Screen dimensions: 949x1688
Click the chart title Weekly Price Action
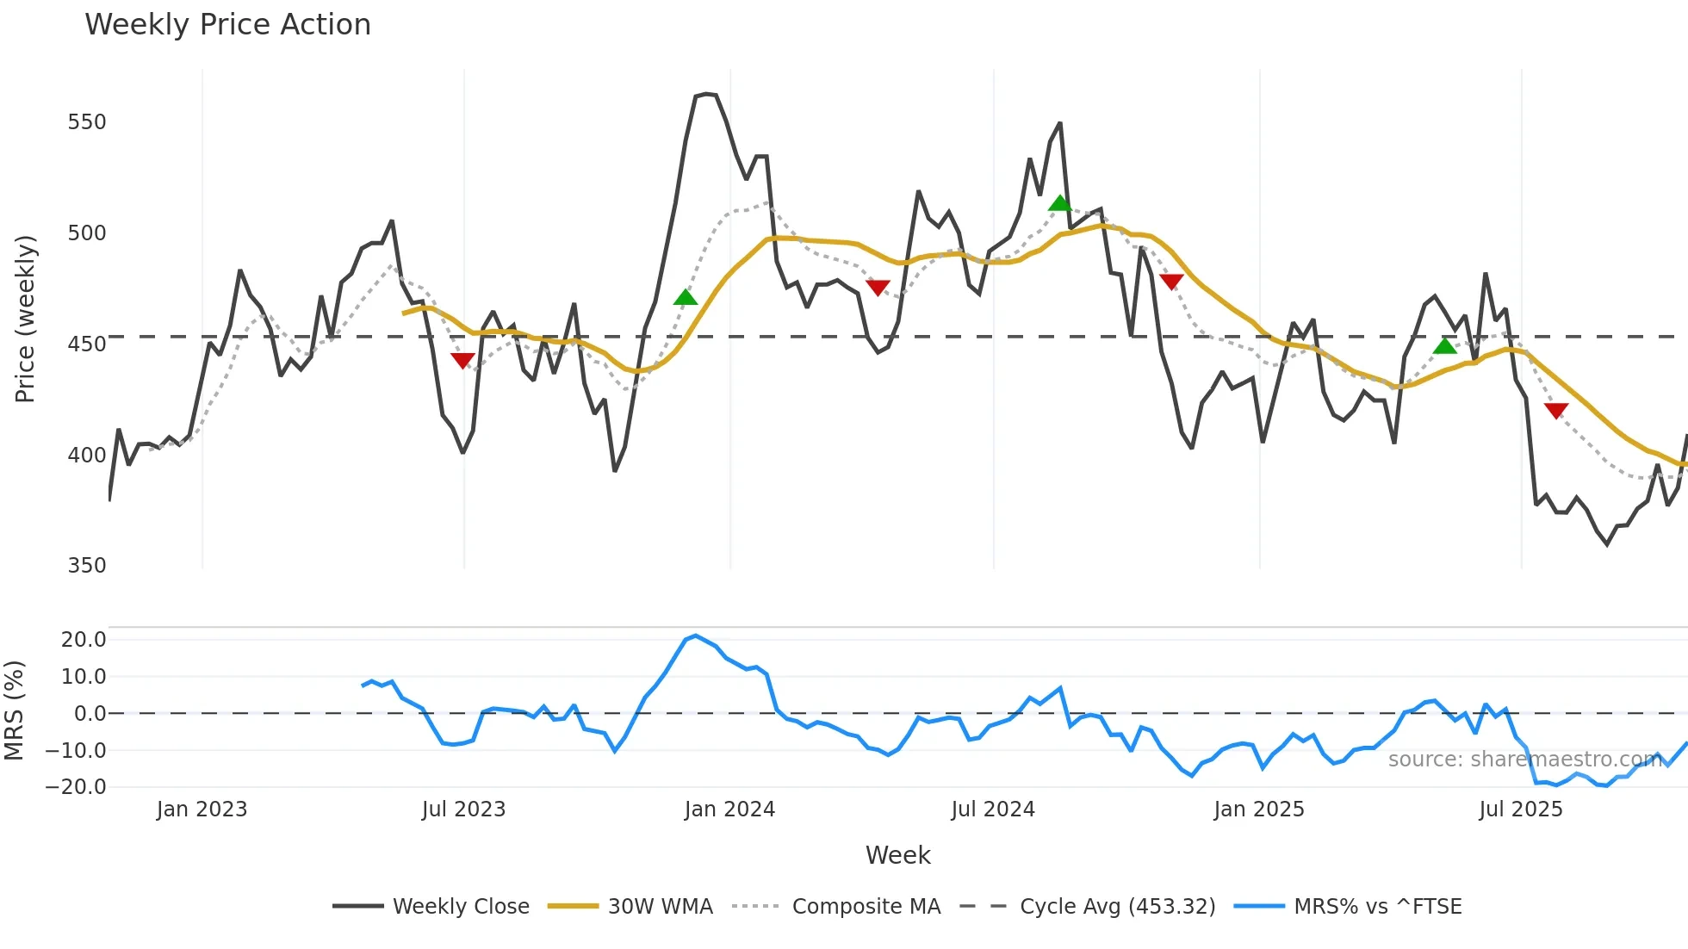227,25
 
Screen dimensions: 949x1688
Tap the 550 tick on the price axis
87,122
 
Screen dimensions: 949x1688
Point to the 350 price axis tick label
87,566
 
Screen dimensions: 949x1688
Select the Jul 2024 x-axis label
993,809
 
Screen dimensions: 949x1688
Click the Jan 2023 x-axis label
202,809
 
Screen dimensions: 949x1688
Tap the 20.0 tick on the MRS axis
84,640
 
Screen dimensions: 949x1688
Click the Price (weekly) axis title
25,319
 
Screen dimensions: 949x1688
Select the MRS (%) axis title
14,710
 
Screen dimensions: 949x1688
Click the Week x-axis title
897,855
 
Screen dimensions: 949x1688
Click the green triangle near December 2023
686,298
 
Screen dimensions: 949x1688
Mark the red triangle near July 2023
462,360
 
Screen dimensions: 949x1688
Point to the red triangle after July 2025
1556,410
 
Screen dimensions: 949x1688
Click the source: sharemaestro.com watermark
1524,760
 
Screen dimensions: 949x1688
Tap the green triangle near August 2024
1060,203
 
